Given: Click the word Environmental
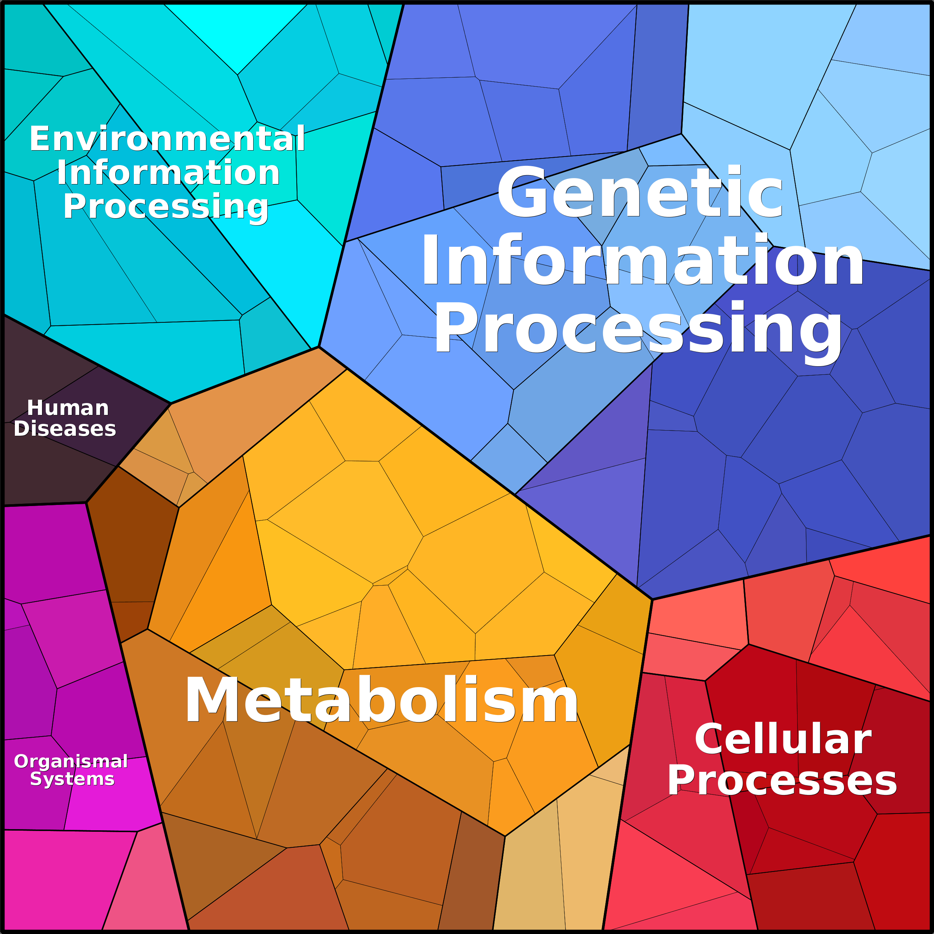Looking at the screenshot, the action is point(167,139).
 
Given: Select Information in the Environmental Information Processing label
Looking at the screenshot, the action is point(168,173).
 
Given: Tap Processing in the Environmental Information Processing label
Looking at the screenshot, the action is point(166,207).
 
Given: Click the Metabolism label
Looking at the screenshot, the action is point(381,700).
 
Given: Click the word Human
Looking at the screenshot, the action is point(68,408).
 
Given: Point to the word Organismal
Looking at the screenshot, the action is point(71,762).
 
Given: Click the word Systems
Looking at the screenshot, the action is point(72,779).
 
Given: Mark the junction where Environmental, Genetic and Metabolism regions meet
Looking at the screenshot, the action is point(319,347).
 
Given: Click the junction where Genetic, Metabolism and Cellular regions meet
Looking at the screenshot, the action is point(652,599).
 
